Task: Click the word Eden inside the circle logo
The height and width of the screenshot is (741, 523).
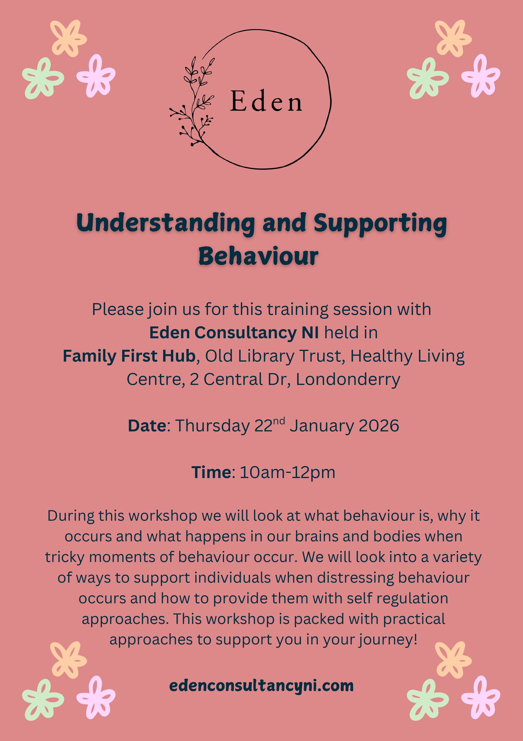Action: pos(266,102)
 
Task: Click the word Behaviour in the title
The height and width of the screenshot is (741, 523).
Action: pos(258,256)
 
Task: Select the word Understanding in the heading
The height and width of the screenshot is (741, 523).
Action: pos(165,224)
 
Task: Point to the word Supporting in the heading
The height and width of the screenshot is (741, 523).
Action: pos(380,224)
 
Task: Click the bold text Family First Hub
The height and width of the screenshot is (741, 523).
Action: pos(129,356)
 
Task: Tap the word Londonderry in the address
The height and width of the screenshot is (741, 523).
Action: pos(348,379)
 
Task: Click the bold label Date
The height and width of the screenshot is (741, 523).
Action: pos(147,426)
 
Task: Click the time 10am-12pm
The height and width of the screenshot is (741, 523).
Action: pos(287,472)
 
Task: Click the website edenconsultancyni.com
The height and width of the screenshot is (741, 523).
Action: pos(261,685)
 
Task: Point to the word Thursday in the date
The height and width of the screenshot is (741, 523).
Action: pos(212,426)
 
